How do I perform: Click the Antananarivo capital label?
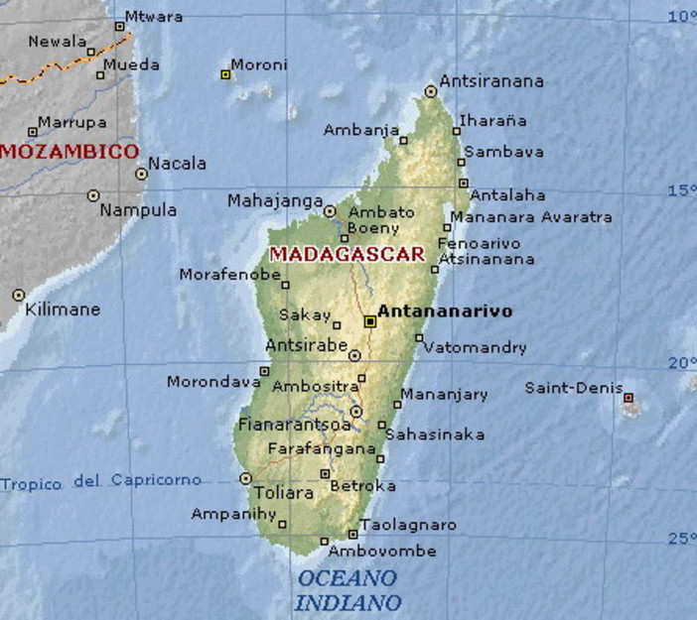point(445,311)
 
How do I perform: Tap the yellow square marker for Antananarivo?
point(369,321)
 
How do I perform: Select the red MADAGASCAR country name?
point(347,253)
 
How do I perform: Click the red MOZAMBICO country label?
point(69,152)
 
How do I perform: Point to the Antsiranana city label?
point(491,81)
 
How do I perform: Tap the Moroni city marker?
point(225,74)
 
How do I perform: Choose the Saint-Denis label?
point(574,388)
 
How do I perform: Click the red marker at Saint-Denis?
point(627,398)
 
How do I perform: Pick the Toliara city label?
point(284,492)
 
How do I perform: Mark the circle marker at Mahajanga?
point(331,211)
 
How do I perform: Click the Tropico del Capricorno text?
point(100,482)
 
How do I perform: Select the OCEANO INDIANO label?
point(348,589)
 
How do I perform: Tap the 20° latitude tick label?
point(681,363)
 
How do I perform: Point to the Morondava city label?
point(213,381)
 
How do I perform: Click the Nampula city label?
point(138,210)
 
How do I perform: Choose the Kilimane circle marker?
point(19,295)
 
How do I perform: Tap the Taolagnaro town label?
point(408,525)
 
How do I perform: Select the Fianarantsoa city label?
point(294,425)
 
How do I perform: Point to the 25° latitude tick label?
point(681,539)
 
